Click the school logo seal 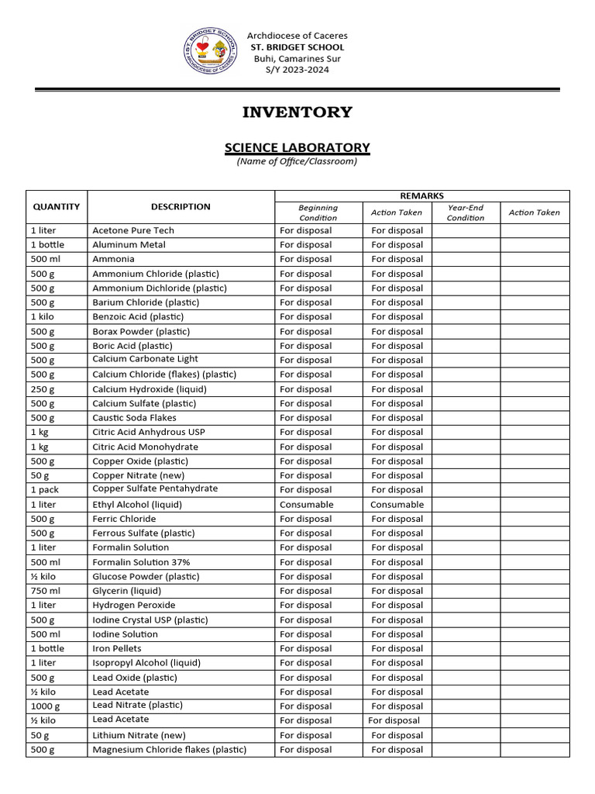(209, 52)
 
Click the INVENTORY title (297, 112)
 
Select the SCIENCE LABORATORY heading (297, 147)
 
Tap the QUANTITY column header (56, 207)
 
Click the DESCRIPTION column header (181, 207)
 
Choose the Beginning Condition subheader (318, 212)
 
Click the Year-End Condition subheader (466, 212)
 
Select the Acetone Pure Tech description (133, 230)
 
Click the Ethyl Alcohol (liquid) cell (137, 504)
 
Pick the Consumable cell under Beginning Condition (307, 504)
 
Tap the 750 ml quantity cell (46, 591)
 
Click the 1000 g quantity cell (46, 706)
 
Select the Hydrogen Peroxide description (134, 605)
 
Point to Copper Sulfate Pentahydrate (155, 489)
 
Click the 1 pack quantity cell (45, 490)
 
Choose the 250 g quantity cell (43, 389)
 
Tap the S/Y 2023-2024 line (297, 70)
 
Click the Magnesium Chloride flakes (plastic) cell (170, 750)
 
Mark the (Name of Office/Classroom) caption (297, 161)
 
